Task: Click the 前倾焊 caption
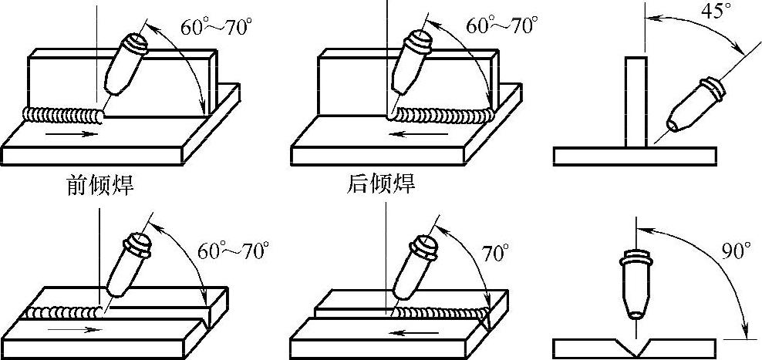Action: tap(98, 186)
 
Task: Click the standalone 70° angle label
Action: tap(494, 251)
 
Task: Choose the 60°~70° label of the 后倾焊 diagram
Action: tap(502, 25)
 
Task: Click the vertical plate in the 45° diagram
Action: tap(636, 100)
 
